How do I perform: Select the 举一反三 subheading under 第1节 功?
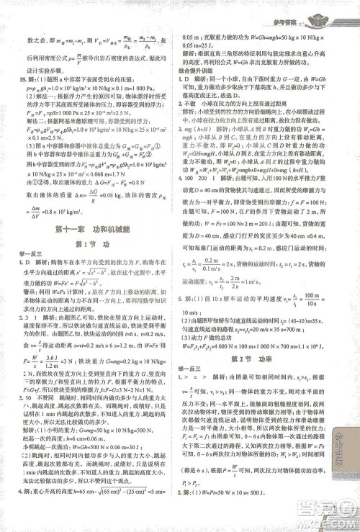coord(28,256)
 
